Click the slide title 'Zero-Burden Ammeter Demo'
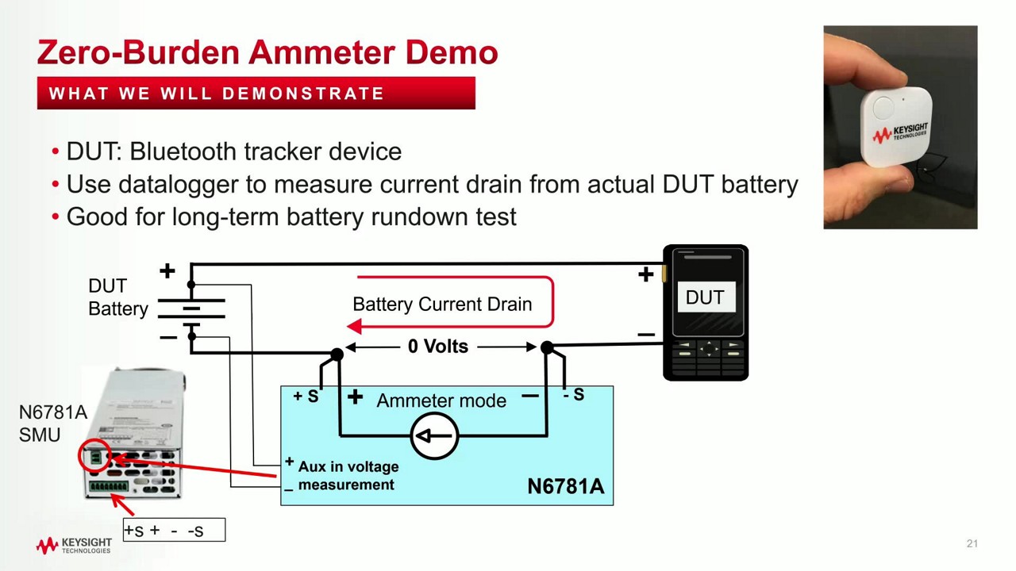pos(267,52)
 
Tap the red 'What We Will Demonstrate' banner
pos(256,94)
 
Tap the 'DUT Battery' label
pos(117,297)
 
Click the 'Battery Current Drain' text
pos(442,305)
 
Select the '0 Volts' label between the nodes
pos(438,347)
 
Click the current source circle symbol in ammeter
pos(434,435)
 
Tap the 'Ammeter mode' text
pos(441,400)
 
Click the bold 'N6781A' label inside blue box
pos(565,486)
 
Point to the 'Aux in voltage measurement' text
pos(348,476)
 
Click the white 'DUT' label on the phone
pos(705,297)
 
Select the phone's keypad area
pos(706,358)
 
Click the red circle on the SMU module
pos(95,456)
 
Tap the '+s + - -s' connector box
pos(174,530)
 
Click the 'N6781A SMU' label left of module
pos(52,423)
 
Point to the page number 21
pos(972,543)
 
